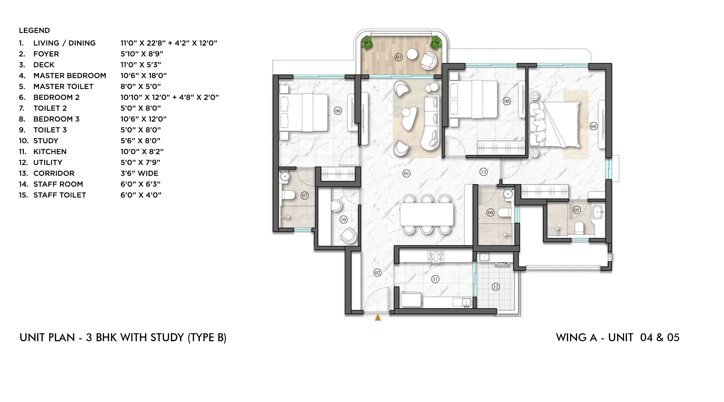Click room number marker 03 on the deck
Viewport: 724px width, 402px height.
(399, 57)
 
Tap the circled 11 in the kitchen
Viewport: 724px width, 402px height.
(435, 279)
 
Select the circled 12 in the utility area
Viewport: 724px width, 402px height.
(496, 287)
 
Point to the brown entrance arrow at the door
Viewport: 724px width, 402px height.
(378, 317)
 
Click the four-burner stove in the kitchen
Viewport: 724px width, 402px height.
(436, 256)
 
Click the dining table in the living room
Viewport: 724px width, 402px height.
(427, 214)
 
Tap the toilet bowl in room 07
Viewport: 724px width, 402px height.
(289, 195)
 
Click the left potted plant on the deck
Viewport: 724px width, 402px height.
(367, 43)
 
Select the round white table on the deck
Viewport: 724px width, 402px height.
(412, 54)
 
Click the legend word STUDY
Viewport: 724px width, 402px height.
(46, 141)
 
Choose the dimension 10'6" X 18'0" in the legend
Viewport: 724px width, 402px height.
(143, 76)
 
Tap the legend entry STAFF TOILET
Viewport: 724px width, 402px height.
(59, 195)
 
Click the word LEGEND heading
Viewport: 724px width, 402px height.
(34, 30)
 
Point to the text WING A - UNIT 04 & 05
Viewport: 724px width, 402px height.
(618, 338)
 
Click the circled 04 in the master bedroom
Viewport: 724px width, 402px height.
(593, 126)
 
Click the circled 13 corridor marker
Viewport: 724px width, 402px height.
(483, 172)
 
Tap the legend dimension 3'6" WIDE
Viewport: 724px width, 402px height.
(139, 173)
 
